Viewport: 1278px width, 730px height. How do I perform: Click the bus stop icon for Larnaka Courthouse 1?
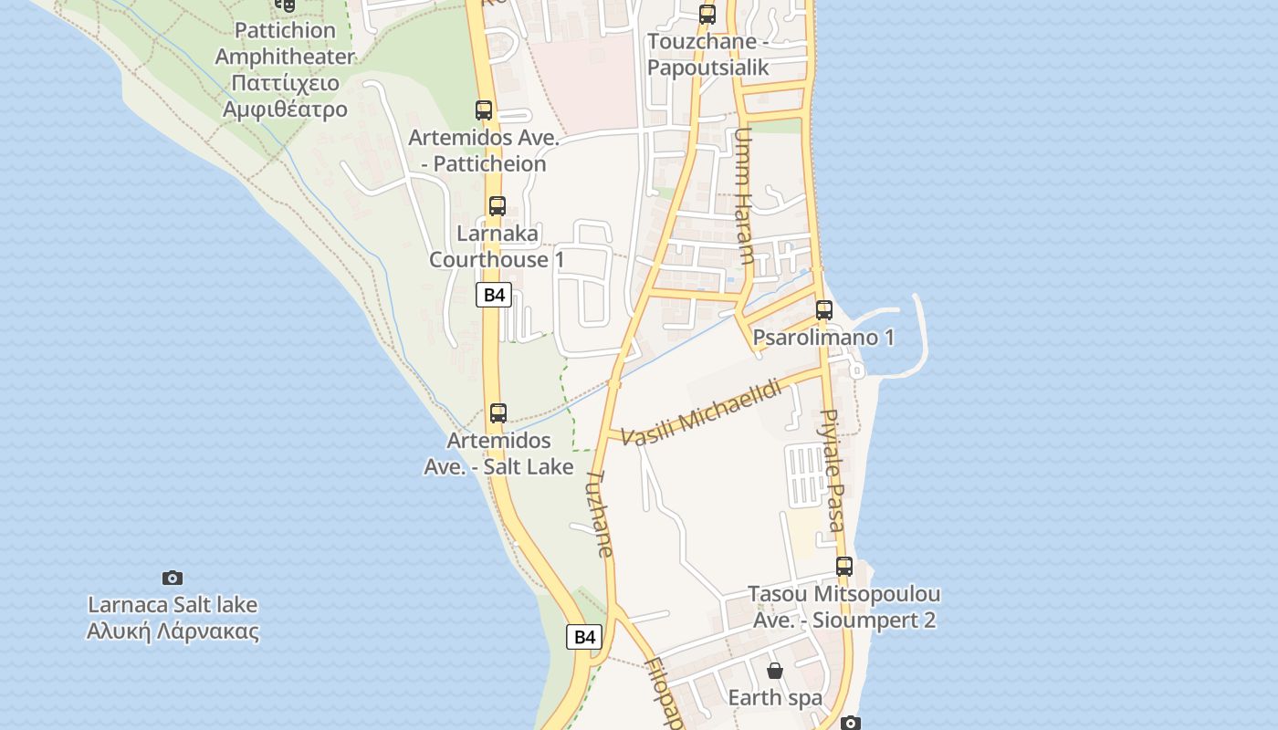pyautogui.click(x=498, y=206)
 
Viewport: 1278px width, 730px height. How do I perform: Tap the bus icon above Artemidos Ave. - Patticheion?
pyautogui.click(x=484, y=110)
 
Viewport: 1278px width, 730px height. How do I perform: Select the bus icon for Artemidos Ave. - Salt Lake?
pyautogui.click(x=498, y=413)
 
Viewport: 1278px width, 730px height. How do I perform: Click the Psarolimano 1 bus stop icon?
pyautogui.click(x=824, y=310)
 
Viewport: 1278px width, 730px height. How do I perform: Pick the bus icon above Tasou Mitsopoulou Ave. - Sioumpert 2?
pyautogui.click(x=844, y=567)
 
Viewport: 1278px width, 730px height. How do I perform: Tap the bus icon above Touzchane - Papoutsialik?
pyautogui.click(x=707, y=15)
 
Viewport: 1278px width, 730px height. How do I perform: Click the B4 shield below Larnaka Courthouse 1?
pyautogui.click(x=494, y=295)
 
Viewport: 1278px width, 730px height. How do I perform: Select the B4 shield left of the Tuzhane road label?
pyautogui.click(x=584, y=637)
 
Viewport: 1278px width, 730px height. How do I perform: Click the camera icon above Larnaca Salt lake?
pyautogui.click(x=173, y=578)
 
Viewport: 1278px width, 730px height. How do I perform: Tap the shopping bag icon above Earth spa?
pyautogui.click(x=775, y=672)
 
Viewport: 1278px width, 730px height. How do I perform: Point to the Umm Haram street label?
pyautogui.click(x=743, y=195)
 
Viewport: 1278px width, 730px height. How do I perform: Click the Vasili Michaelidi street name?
pyautogui.click(x=702, y=412)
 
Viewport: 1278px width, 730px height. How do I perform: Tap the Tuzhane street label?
pyautogui.click(x=599, y=514)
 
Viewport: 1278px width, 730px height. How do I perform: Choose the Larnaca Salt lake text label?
pyautogui.click(x=173, y=618)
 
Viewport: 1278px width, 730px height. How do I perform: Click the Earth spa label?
pyautogui.click(x=775, y=698)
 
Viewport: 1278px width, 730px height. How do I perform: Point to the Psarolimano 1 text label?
pyautogui.click(x=823, y=338)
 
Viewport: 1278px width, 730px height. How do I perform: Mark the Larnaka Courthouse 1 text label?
pyautogui.click(x=498, y=246)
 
